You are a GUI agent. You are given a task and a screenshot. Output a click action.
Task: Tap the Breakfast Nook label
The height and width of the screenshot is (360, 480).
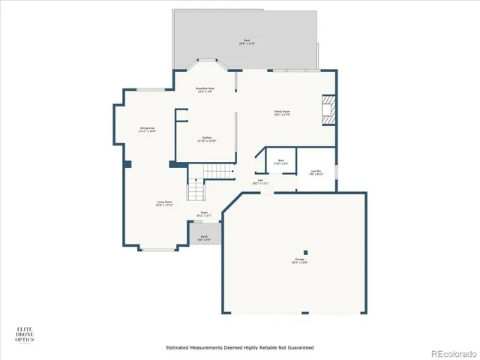tap(206, 90)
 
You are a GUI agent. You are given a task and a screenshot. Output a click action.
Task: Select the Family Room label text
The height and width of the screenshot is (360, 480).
tap(282, 113)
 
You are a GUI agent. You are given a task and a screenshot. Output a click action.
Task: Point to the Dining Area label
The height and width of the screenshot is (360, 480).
tap(147, 130)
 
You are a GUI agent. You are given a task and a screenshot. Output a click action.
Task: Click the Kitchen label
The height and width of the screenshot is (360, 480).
tap(206, 139)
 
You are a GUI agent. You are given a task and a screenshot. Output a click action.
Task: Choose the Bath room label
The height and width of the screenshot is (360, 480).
tap(280, 161)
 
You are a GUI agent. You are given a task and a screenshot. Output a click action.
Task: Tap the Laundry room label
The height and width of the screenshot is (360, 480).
tap(316, 172)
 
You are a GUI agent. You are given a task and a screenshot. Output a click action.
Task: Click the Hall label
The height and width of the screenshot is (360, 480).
tap(260, 181)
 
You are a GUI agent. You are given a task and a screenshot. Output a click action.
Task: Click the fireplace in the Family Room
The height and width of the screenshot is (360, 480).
tap(328, 109)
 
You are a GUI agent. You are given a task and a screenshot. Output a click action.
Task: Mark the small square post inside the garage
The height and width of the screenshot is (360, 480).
tap(304, 251)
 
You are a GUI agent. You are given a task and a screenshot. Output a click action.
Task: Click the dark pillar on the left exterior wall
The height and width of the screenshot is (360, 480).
tap(127, 163)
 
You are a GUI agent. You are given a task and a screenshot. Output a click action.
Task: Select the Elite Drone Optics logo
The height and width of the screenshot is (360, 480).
tap(25, 334)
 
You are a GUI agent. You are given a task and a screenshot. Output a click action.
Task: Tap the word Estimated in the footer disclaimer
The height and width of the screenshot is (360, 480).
tap(178, 348)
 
